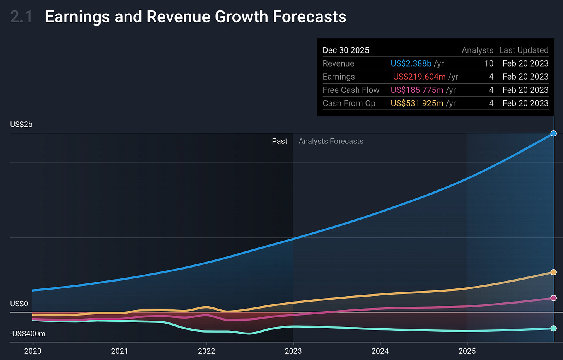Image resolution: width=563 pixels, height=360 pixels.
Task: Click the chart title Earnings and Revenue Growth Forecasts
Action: tap(195, 17)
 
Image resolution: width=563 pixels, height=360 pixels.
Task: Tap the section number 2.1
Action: tap(22, 17)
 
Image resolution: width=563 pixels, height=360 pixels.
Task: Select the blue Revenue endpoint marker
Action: tap(553, 133)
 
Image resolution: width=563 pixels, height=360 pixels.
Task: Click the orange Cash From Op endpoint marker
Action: tap(553, 272)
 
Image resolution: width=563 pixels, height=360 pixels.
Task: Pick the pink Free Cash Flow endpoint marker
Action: tap(553, 298)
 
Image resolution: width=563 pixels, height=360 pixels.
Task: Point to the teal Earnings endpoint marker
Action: tap(553, 328)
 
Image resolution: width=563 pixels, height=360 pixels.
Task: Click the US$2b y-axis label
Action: tap(21, 125)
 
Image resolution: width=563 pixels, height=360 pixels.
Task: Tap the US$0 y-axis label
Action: tap(19, 304)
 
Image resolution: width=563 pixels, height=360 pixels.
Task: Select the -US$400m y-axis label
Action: tap(28, 334)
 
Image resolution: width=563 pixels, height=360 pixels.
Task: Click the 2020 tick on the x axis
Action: tap(32, 351)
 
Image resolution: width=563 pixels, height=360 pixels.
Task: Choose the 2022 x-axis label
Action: tap(206, 351)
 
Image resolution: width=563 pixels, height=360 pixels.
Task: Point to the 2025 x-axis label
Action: tap(467, 351)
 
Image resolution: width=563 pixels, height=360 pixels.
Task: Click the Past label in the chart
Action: tap(280, 141)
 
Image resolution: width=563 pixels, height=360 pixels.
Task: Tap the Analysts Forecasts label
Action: tap(331, 141)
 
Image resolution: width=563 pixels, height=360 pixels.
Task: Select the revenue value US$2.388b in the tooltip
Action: tap(411, 63)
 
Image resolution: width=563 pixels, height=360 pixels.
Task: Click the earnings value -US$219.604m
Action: tap(418, 77)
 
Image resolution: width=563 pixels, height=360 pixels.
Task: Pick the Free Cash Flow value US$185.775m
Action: tap(417, 90)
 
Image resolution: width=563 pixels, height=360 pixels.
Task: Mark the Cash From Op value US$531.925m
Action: tap(417, 103)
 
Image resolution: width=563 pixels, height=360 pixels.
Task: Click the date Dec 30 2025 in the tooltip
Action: tap(346, 50)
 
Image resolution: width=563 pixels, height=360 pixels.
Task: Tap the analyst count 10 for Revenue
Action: tap(489, 63)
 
